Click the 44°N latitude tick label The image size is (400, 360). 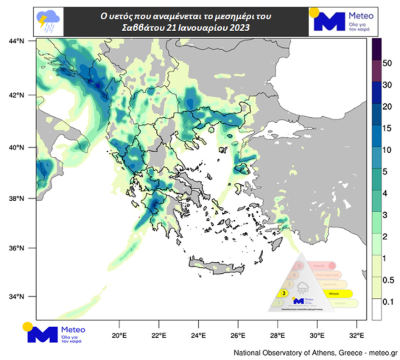(17, 40)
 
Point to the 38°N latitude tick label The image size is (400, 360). (17, 199)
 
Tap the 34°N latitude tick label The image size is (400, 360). (17, 297)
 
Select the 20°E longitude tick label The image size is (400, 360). (119, 334)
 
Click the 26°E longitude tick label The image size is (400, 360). (238, 334)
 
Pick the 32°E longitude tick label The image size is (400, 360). (356, 334)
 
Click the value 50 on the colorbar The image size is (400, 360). (388, 63)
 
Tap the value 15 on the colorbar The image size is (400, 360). (388, 128)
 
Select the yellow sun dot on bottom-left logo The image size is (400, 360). (27, 326)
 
